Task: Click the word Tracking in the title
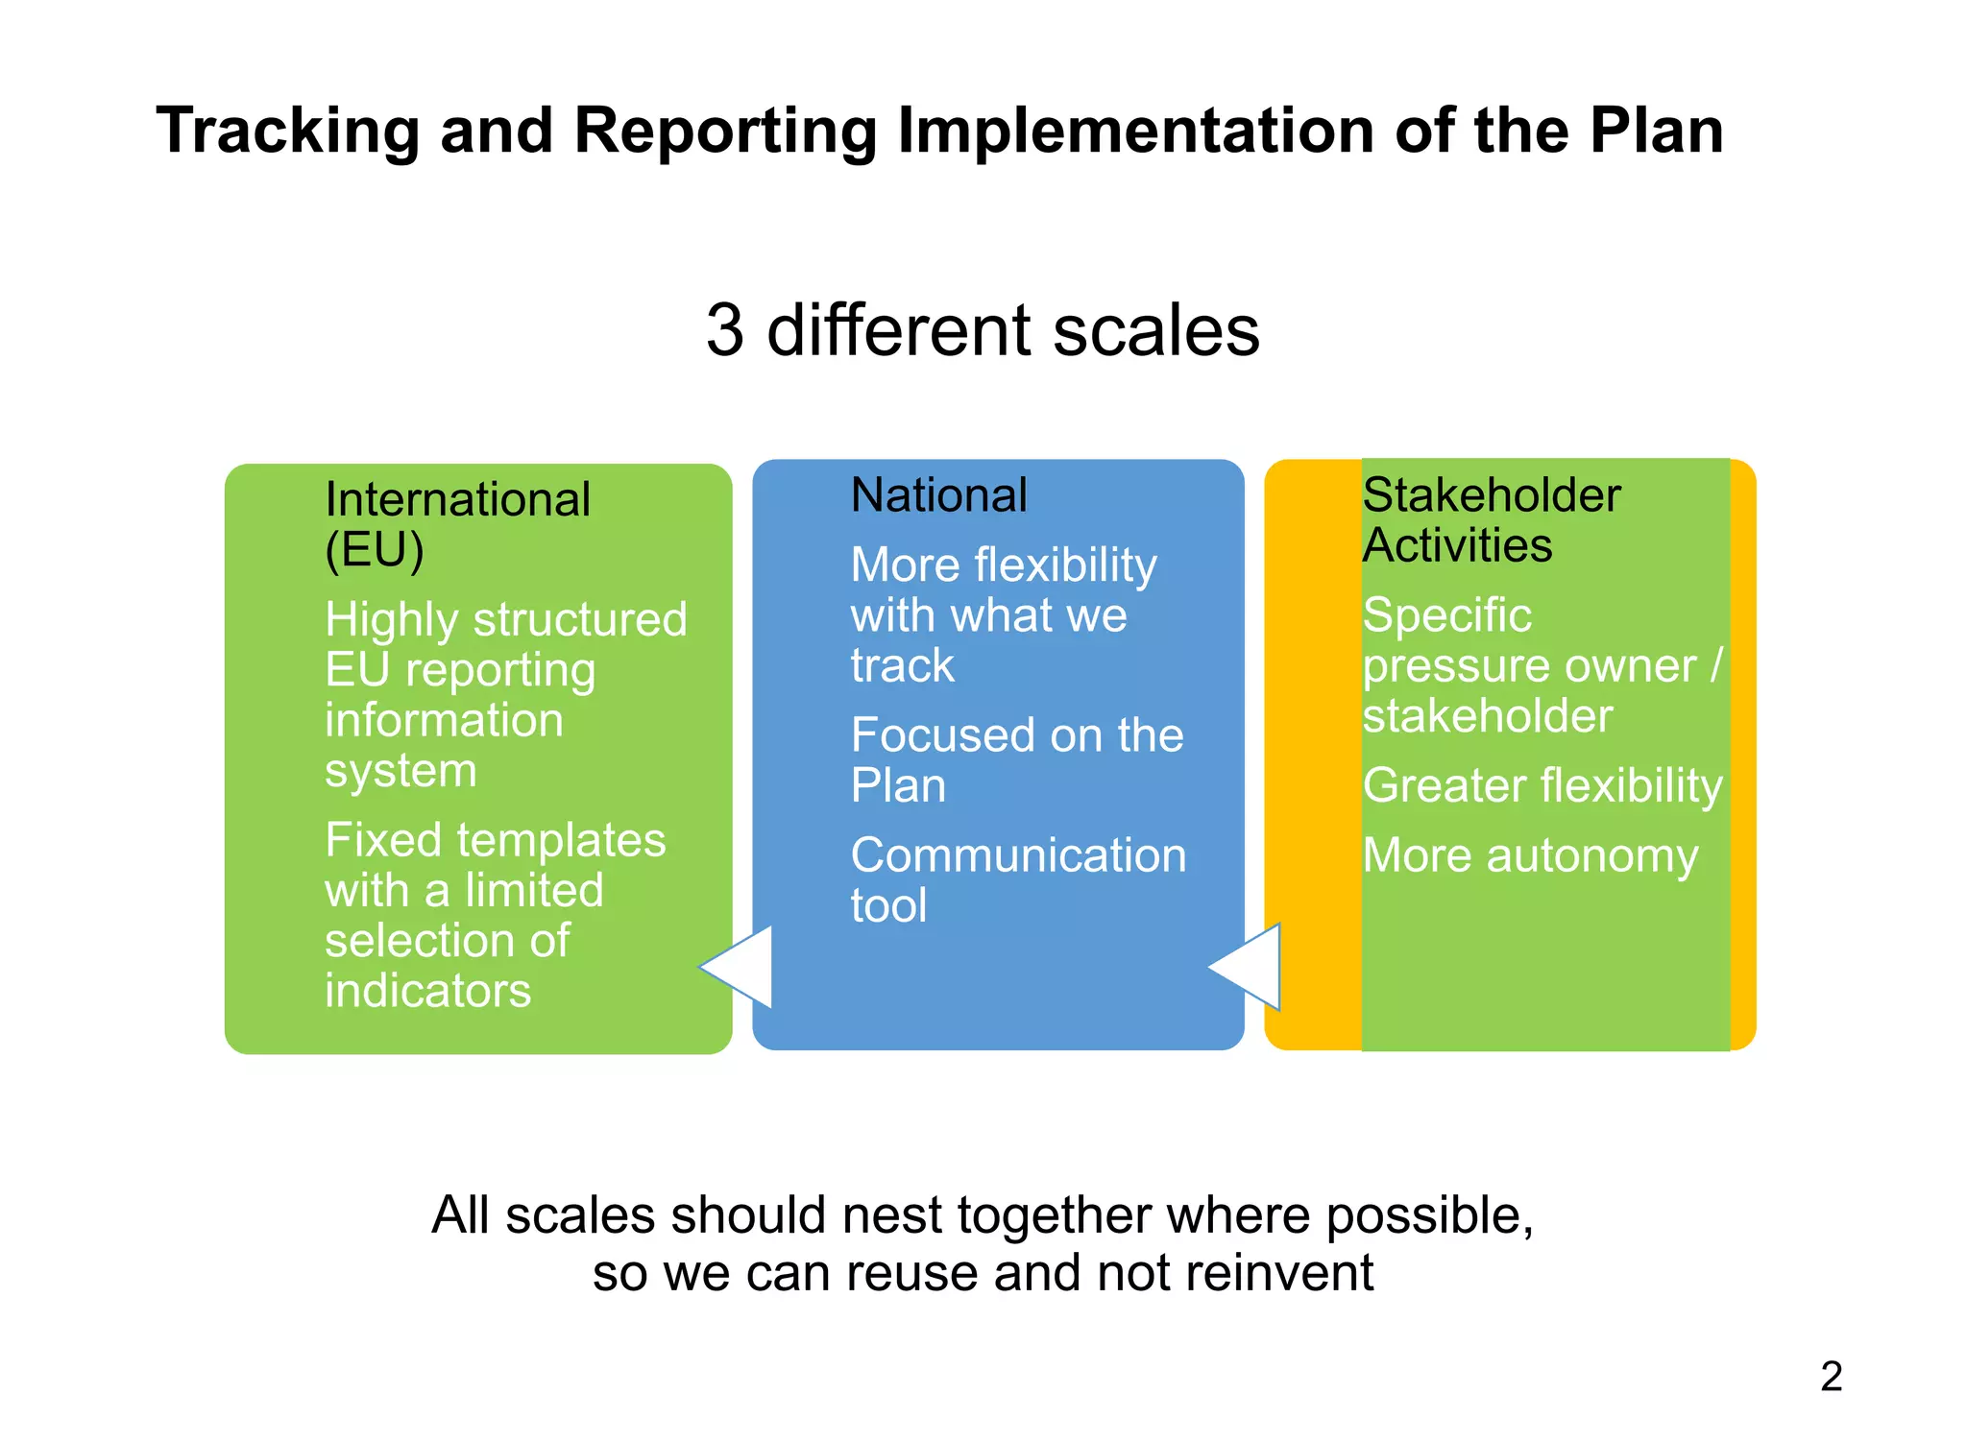(x=287, y=132)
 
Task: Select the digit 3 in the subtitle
(x=725, y=330)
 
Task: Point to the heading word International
(x=457, y=499)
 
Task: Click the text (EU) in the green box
(x=374, y=550)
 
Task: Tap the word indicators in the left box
(x=427, y=991)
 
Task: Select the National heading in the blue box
(x=938, y=495)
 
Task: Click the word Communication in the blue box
(x=1018, y=855)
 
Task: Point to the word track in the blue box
(x=902, y=665)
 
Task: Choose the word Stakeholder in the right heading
(x=1491, y=495)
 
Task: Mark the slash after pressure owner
(x=1715, y=665)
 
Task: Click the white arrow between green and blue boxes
(x=741, y=967)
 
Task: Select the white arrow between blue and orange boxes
(x=1249, y=967)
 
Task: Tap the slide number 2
(x=1831, y=1376)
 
